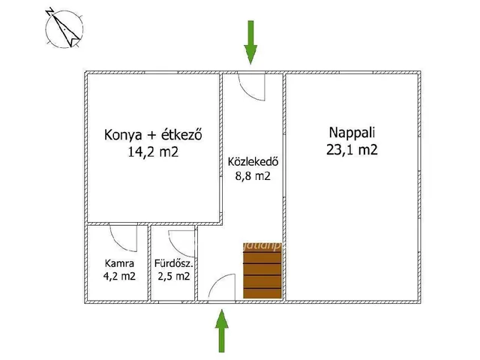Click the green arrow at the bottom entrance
click(x=222, y=331)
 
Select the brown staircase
click(x=262, y=274)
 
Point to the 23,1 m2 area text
click(x=352, y=149)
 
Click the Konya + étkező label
click(x=154, y=136)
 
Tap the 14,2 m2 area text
click(x=154, y=152)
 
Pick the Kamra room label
click(x=119, y=263)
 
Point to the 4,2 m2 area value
click(x=119, y=276)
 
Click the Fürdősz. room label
click(x=174, y=263)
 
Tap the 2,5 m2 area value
click(x=174, y=276)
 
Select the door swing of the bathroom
click(x=181, y=241)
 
